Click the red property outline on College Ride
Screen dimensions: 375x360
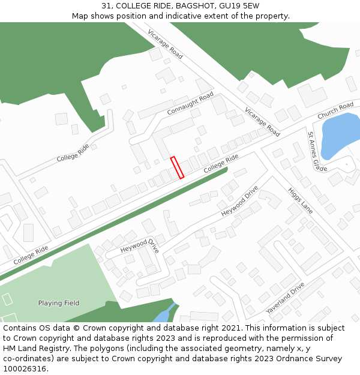pyautogui.click(x=177, y=167)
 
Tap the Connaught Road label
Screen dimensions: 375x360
pyautogui.click(x=190, y=104)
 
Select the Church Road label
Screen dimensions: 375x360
pyautogui.click(x=335, y=110)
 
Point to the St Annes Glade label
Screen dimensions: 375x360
pyautogui.click(x=317, y=152)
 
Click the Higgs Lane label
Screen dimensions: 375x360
pyautogui.click(x=301, y=200)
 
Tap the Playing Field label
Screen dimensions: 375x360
pyautogui.click(x=59, y=303)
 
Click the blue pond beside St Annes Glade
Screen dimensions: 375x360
pyautogui.click(x=339, y=137)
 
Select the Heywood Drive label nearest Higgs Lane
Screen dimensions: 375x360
pyautogui.click(x=240, y=202)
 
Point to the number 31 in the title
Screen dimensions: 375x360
pyautogui.click(x=106, y=5)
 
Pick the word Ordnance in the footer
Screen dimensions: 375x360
pyautogui.click(x=290, y=359)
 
